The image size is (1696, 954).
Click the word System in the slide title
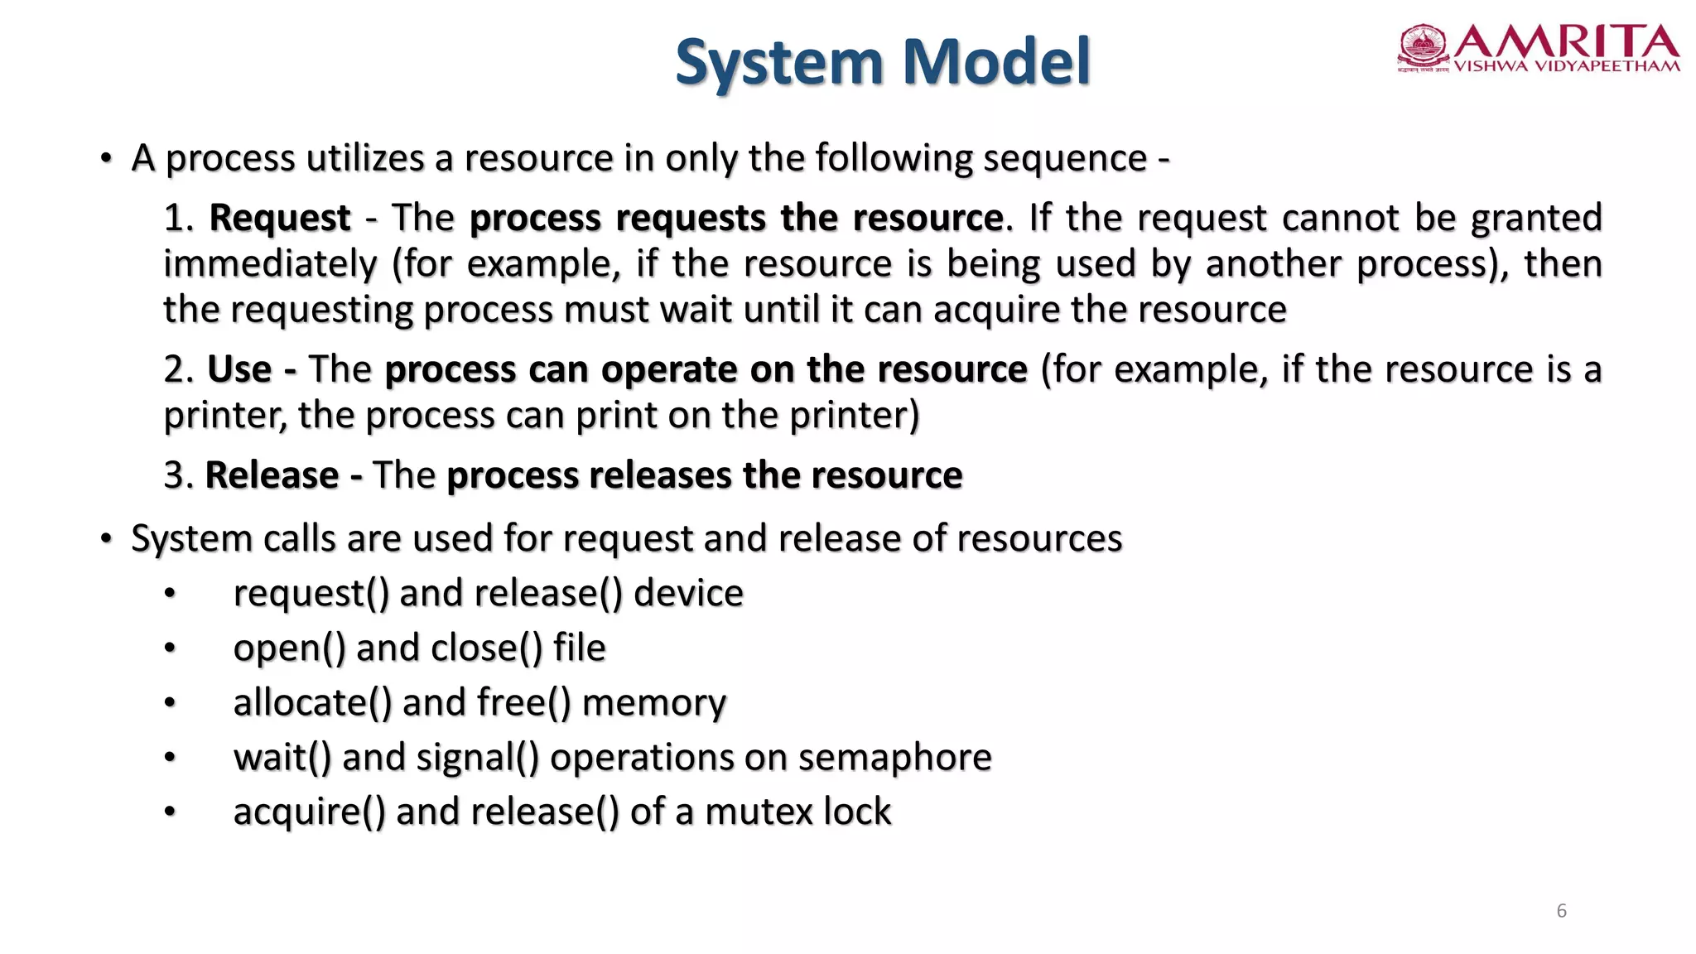tap(779, 63)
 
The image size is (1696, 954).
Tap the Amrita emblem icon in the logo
tap(1423, 46)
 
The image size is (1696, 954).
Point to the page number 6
tap(1561, 911)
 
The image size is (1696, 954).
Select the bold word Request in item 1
tap(280, 218)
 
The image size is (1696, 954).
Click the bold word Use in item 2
tap(239, 369)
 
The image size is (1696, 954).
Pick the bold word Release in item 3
tap(272, 475)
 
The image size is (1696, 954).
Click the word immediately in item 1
tap(270, 264)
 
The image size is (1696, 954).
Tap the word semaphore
tap(894, 757)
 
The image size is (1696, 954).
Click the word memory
tap(653, 702)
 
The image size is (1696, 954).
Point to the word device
tap(688, 593)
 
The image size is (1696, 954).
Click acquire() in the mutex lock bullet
tap(309, 812)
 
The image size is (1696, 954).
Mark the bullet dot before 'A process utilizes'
tap(106, 158)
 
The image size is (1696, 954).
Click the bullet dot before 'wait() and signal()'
tap(170, 757)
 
